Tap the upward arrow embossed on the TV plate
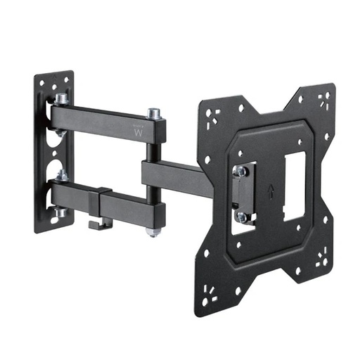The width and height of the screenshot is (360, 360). (271, 190)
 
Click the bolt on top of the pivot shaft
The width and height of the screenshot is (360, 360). (153, 112)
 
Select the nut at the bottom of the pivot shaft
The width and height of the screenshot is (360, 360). (153, 230)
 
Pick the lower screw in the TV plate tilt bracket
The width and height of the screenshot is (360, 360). (241, 217)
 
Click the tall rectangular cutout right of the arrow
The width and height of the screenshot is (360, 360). (294, 184)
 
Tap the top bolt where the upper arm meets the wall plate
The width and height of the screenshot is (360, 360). (61, 98)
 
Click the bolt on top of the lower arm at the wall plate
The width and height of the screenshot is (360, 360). (62, 175)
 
